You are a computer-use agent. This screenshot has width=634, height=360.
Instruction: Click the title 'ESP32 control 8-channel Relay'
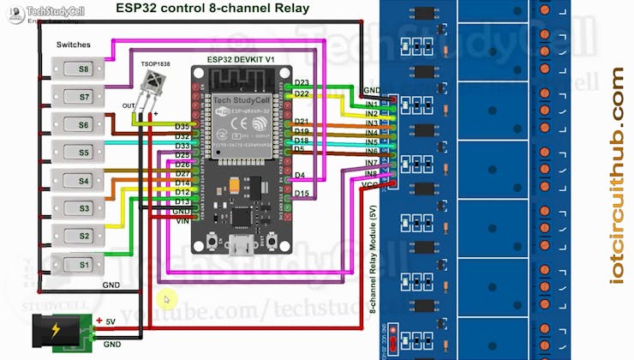[x=212, y=9]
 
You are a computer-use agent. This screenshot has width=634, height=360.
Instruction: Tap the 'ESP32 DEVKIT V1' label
[x=240, y=59]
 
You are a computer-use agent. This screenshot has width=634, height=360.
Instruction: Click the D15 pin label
[x=302, y=194]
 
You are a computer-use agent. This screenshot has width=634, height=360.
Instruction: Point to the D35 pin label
[x=182, y=127]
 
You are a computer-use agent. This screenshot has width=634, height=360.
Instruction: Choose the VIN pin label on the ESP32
[x=182, y=220]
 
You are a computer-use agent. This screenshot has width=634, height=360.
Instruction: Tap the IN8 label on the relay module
[x=371, y=173]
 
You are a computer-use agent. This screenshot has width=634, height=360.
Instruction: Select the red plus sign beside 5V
[x=99, y=321]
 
